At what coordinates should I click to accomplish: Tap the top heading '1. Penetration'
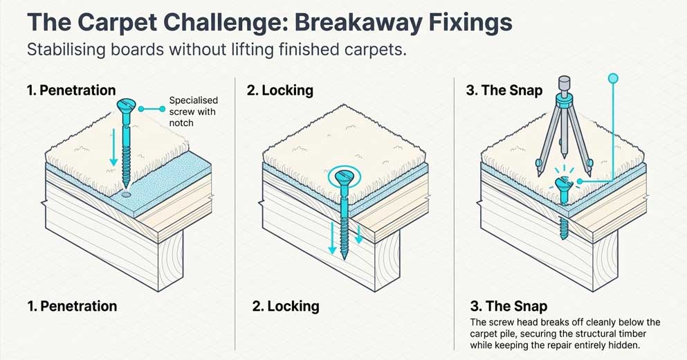pos(71,90)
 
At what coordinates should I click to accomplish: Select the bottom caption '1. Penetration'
pos(72,306)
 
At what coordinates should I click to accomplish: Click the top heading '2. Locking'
pos(280,90)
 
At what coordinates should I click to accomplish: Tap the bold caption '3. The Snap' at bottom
pos(509,306)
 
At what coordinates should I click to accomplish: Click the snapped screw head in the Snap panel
pos(562,185)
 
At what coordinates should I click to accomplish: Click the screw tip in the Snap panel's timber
pos(564,236)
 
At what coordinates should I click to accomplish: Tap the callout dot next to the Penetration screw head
pos(142,109)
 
